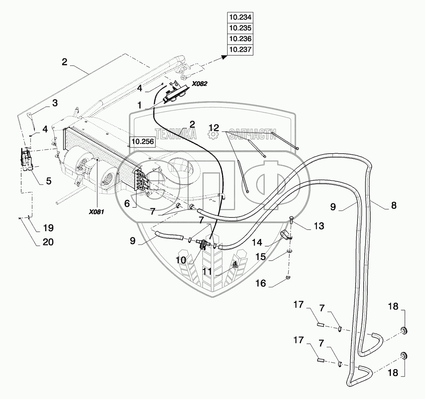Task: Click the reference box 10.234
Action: (x=240, y=17)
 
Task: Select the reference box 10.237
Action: (x=240, y=50)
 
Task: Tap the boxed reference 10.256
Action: (x=143, y=141)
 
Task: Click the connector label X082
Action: (x=200, y=84)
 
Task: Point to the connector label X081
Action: (x=97, y=212)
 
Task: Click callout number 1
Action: (x=140, y=105)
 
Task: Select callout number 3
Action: (x=55, y=103)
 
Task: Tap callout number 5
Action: (x=49, y=181)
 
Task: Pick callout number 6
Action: (x=127, y=203)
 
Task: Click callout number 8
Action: (x=394, y=205)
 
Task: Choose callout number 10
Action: (x=181, y=260)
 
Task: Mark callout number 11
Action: (x=207, y=271)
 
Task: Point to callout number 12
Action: (x=214, y=128)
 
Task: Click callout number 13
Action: (x=319, y=226)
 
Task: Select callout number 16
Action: (x=261, y=283)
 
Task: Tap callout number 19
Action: (x=48, y=228)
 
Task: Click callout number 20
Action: (x=48, y=242)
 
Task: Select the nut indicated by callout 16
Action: (x=289, y=277)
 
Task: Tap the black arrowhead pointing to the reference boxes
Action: (x=224, y=57)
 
